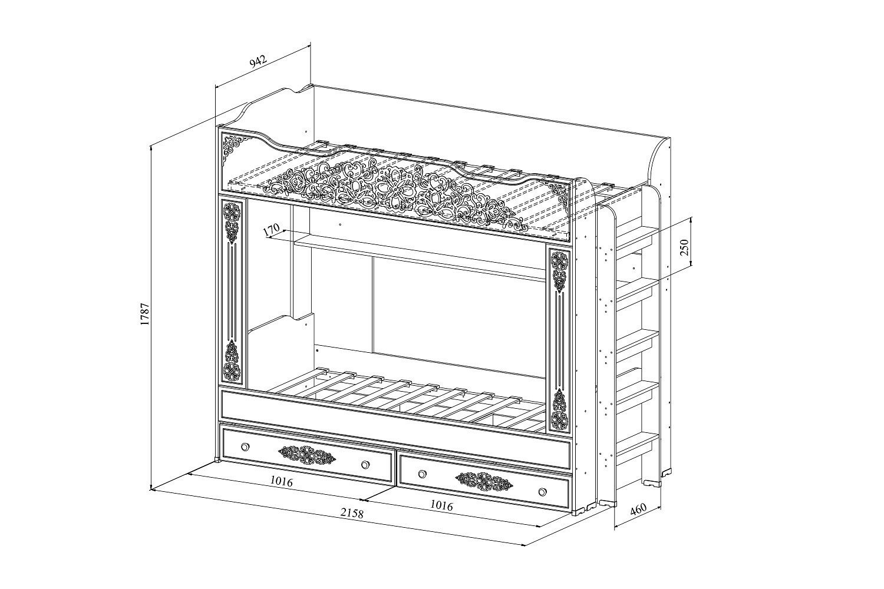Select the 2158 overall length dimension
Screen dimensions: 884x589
tap(352, 512)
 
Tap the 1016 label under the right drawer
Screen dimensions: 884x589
tap(441, 505)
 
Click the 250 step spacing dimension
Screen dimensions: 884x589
tap(684, 247)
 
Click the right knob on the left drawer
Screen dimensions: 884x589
tap(365, 465)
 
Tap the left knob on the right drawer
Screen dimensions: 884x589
tap(421, 474)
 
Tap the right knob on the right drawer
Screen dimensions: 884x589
tap(542, 492)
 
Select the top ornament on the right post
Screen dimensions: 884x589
tap(559, 270)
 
